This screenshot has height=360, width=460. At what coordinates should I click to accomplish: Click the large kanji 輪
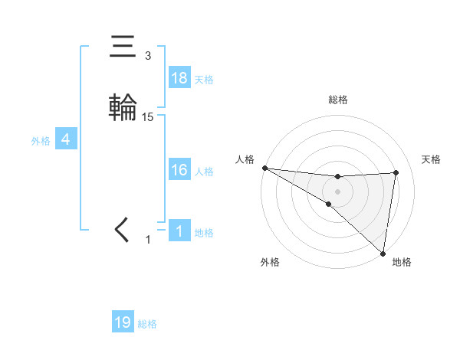[123, 106]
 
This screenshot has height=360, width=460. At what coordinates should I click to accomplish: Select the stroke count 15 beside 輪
[148, 117]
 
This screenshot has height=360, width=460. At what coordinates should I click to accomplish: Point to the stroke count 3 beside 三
[148, 56]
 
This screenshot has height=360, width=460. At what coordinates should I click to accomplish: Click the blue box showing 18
[179, 78]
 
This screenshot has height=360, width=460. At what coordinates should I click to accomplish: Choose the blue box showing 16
[179, 170]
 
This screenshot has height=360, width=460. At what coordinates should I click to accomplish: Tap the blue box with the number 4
[66, 140]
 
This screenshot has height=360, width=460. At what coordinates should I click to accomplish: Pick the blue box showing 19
[123, 322]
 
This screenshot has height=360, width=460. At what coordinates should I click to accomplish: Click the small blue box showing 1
[179, 231]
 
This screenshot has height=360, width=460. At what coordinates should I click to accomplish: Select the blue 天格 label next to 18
[204, 80]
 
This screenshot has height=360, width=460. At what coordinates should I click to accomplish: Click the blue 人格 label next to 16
[204, 172]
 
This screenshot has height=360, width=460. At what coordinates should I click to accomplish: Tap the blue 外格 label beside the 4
[41, 141]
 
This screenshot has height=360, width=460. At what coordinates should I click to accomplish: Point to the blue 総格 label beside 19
[147, 324]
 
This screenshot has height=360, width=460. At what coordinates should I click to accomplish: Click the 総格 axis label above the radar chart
[337, 100]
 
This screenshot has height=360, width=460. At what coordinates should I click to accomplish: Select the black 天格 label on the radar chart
[432, 159]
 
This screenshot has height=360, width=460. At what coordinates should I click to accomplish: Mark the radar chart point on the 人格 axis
[264, 167]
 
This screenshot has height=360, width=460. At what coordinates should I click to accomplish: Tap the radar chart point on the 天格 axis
[396, 172]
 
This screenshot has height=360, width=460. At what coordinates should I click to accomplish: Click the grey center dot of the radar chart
[337, 191]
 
